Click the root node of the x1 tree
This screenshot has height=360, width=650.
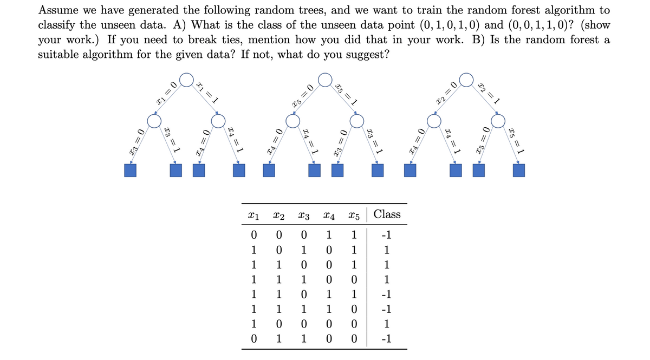(187, 80)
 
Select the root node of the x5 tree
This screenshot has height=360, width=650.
(325, 80)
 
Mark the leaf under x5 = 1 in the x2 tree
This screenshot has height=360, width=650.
(519, 171)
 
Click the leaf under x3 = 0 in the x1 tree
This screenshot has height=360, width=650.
(131, 171)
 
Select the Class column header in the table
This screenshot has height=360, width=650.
(387, 214)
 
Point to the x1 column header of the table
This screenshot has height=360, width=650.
(253, 215)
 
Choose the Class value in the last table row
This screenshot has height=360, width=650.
(386, 341)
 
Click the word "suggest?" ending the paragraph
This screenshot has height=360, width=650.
(368, 55)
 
